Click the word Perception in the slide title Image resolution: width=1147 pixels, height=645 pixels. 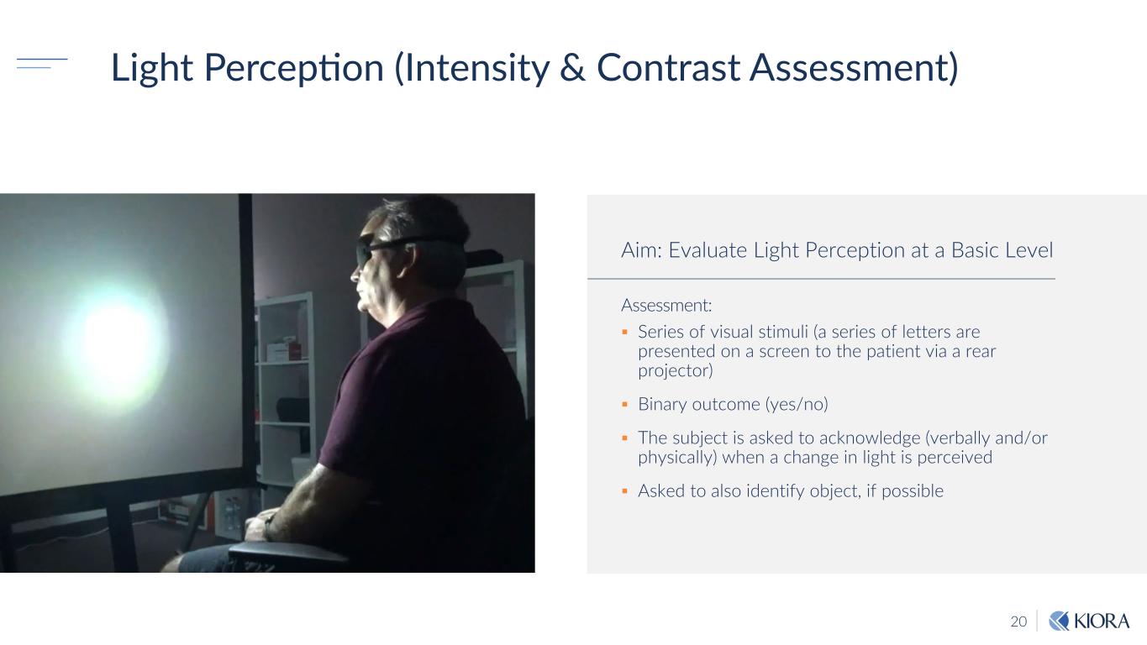(294, 68)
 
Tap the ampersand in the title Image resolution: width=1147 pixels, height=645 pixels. (572, 67)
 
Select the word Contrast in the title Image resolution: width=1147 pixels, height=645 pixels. (668, 67)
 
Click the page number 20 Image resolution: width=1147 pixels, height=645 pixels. (1018, 621)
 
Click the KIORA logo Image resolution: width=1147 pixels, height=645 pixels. (1089, 621)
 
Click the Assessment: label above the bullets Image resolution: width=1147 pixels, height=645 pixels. (666, 306)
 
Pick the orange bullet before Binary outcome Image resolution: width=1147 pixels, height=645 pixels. (624, 405)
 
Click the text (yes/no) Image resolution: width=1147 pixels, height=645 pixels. (797, 405)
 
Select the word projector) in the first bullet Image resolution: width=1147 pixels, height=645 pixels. (676, 370)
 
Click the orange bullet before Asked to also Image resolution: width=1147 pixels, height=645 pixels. (624, 491)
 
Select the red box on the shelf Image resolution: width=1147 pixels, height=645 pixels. (283, 351)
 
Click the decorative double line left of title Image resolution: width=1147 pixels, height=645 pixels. (42, 64)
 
